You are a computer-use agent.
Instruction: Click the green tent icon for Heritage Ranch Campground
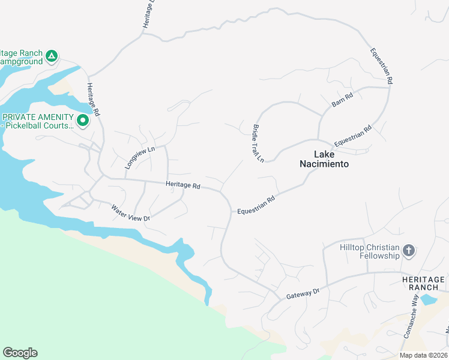(x=52, y=56)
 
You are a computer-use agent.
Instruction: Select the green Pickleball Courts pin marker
(x=83, y=122)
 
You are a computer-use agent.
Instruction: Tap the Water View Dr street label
(x=130, y=213)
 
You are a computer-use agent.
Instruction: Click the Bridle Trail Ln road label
(x=258, y=143)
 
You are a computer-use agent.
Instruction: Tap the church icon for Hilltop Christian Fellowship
(x=409, y=251)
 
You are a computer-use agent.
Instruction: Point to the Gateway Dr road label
(x=303, y=293)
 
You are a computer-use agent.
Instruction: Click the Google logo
(x=20, y=352)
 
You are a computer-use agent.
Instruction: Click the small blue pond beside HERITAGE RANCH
(x=429, y=299)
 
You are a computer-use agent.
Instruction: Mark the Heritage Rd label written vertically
(x=92, y=100)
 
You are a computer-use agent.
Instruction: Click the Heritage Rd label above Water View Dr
(x=182, y=186)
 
